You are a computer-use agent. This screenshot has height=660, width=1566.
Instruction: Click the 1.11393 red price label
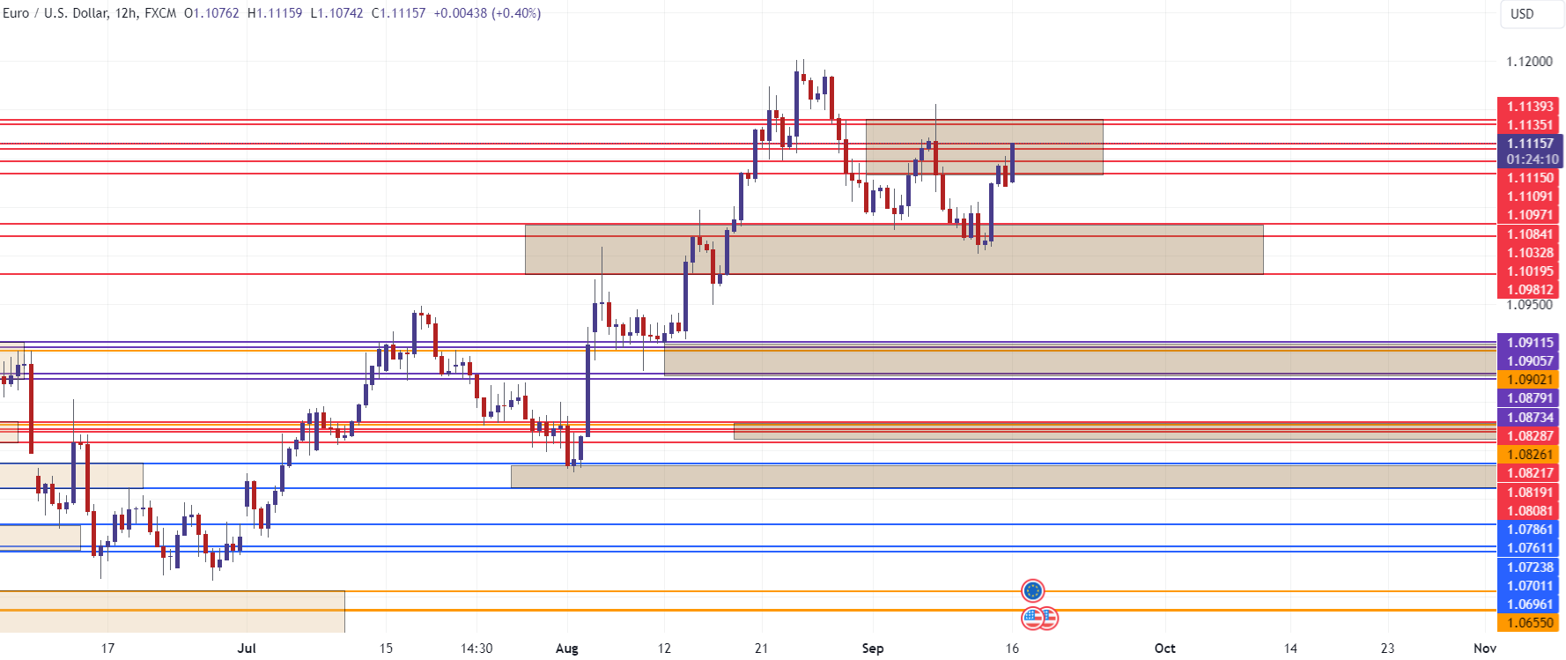point(1529,107)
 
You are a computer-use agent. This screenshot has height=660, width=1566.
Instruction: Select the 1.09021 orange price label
point(1529,380)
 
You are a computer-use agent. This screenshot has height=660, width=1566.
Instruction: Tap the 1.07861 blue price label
point(1529,530)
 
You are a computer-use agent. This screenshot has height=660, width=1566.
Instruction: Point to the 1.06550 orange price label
point(1529,623)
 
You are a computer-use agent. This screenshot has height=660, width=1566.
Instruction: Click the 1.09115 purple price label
point(1529,343)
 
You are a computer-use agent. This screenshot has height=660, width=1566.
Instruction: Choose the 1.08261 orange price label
point(1529,455)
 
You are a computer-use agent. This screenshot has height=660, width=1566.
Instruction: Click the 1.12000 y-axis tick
point(1529,62)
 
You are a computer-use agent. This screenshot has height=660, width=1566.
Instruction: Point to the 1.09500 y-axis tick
point(1529,305)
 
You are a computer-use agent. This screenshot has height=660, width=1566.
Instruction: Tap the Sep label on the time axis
point(872,649)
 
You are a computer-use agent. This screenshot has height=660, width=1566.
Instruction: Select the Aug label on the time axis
point(567,649)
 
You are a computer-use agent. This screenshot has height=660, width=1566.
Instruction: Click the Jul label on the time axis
point(247,649)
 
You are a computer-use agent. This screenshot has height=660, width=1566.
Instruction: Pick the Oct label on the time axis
point(1164,649)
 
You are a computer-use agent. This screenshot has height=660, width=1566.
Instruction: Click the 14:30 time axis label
point(476,649)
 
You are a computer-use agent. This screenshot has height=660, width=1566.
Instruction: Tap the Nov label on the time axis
point(1484,649)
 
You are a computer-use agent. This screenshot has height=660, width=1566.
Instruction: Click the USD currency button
point(1522,14)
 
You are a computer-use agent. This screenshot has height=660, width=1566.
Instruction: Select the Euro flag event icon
point(1032,590)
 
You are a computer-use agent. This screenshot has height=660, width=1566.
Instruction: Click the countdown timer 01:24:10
point(1532,159)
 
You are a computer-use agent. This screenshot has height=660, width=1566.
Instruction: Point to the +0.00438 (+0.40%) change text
point(487,13)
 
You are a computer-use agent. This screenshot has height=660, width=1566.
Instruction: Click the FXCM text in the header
point(160,13)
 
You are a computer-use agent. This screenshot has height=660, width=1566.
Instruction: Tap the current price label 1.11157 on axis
point(1530,144)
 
